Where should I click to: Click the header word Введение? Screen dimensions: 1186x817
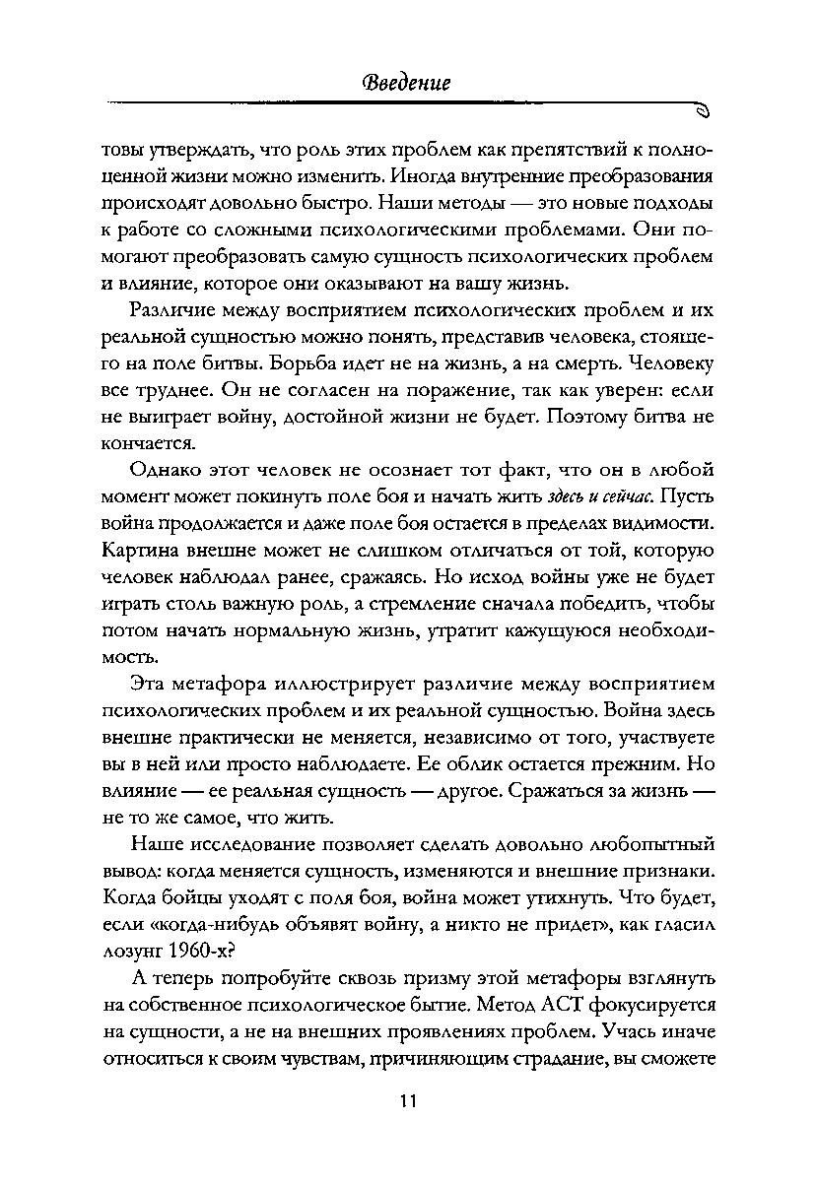(407, 83)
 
